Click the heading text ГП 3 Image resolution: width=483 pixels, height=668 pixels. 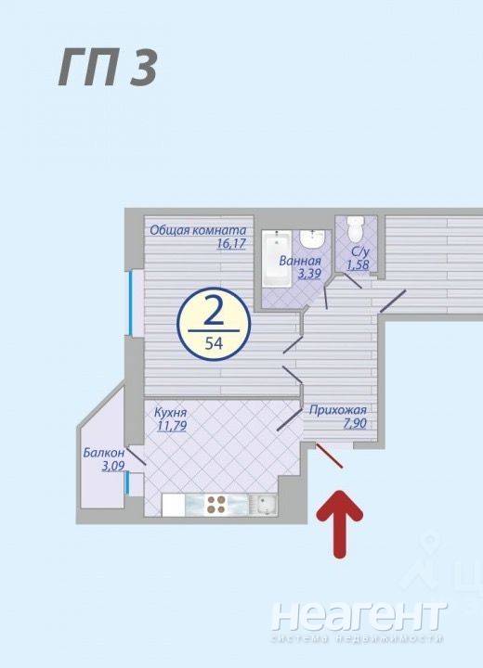pyautogui.click(x=108, y=67)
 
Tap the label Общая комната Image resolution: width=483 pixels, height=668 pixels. pyautogui.click(x=198, y=230)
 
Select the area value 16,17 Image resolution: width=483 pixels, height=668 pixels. pyautogui.click(x=231, y=244)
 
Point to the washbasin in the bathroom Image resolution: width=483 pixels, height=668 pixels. pyautogui.click(x=313, y=239)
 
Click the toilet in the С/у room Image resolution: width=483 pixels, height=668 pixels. pyautogui.click(x=355, y=228)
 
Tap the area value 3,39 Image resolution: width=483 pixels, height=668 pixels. pyautogui.click(x=308, y=274)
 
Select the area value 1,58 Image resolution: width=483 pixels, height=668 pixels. pyautogui.click(x=358, y=265)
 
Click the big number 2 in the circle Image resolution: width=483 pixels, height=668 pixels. pyautogui.click(x=214, y=314)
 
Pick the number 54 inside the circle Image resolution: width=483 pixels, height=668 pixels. pyautogui.click(x=214, y=343)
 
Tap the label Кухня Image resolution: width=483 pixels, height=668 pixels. pyautogui.click(x=170, y=412)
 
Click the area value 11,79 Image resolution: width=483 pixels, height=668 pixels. pyautogui.click(x=172, y=426)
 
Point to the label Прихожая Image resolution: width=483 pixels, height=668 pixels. pyautogui.click(x=337, y=410)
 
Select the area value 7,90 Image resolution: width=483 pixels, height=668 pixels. pyautogui.click(x=355, y=423)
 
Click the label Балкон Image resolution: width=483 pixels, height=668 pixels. pyautogui.click(x=104, y=452)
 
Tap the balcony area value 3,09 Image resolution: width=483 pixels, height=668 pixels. pyautogui.click(x=112, y=466)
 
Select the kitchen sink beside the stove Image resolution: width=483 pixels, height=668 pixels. pyautogui.click(x=263, y=505)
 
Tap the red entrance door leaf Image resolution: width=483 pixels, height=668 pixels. pyautogui.click(x=329, y=456)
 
